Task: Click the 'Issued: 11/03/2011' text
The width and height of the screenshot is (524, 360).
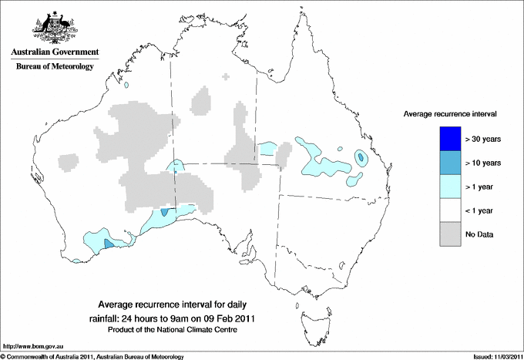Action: [493, 356]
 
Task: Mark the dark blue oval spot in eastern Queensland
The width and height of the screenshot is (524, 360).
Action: [361, 157]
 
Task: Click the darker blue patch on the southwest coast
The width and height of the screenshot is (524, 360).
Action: [108, 243]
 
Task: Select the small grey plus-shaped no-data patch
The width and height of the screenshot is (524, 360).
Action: [226, 77]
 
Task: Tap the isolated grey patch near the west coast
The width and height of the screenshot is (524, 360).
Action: [68, 162]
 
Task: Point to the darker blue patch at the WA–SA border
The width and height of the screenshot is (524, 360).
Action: [165, 212]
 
